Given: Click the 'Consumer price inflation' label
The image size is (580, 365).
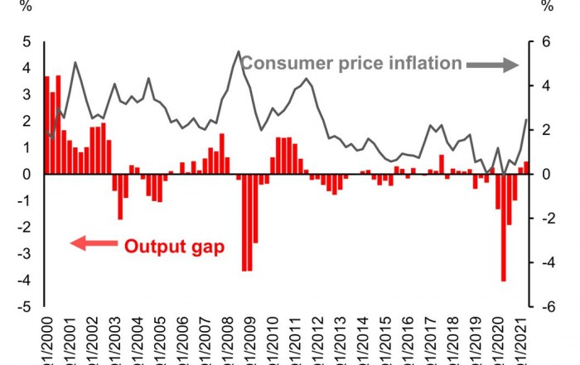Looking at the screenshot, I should [351, 63].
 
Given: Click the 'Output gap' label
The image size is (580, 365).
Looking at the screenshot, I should [174, 246].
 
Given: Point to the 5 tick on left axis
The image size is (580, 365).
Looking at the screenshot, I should [27, 42].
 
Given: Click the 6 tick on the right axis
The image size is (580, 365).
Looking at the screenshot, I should [547, 42].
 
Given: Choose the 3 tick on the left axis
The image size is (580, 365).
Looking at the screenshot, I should [27, 95].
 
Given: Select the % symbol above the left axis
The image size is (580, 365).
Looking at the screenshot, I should [27, 7].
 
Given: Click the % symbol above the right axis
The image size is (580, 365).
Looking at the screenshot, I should [547, 7].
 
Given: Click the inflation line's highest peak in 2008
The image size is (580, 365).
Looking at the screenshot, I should [239, 51].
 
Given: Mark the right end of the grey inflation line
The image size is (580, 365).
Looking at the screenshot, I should [525, 120].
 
